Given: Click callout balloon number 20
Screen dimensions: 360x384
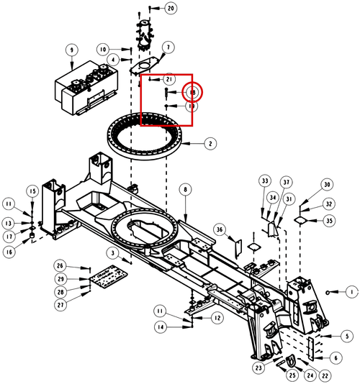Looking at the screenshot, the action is coord(171,8).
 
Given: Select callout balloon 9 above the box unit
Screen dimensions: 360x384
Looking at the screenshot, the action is coord(71,50).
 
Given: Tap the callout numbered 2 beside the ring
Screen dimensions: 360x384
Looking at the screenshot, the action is coord(210,144).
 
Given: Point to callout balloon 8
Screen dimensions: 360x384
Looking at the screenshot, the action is coord(185,189).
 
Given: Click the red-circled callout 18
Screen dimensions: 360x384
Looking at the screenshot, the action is coord(192,92).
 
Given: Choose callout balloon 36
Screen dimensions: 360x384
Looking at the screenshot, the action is coord(220,229).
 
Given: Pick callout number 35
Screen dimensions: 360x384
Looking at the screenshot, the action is coord(329,221).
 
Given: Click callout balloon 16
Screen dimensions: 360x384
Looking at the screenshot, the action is coord(9,252).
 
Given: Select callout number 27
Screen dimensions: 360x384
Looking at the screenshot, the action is coord(60,305).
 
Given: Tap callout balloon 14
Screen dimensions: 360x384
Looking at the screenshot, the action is coord(161,327).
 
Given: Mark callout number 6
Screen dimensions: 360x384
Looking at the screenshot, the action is coord(336,358).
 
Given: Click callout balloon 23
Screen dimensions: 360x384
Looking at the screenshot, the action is coord(258,367).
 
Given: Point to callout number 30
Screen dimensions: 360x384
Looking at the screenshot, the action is coord(327,184).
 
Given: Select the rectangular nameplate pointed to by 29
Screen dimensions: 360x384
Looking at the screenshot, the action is coord(109,276).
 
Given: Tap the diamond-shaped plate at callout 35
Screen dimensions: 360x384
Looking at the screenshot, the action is coord(300,220).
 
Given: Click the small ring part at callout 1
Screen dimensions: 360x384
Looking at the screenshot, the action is coord(328,293).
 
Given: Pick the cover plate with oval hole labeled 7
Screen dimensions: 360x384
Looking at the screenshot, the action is coord(145,65).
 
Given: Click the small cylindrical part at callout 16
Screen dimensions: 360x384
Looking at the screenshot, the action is coord(32,236).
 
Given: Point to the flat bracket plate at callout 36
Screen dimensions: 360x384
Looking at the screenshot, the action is coord(238,249).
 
